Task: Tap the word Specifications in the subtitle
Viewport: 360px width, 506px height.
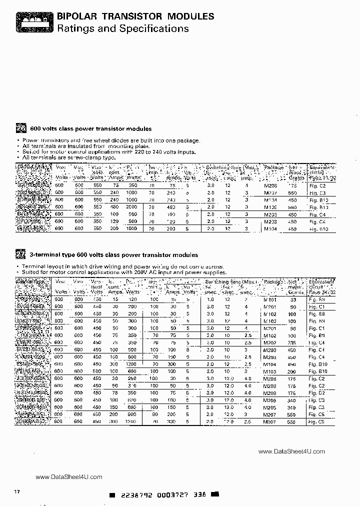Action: coord(154,28)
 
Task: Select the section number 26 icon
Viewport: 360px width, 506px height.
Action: coord(21,127)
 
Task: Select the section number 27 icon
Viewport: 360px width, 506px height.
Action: coord(21,254)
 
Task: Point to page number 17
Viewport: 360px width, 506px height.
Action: coord(16,492)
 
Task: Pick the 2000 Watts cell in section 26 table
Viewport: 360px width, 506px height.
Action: coord(131,206)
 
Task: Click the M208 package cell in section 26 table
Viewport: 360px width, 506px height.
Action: coord(270,184)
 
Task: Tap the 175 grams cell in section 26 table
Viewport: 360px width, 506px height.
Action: coord(292,184)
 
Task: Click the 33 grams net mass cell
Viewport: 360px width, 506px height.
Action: coord(293,299)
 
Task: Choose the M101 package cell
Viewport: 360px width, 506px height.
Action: coord(270,299)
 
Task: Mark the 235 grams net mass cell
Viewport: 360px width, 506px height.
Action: coord(292,342)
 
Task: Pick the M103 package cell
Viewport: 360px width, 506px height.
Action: coord(270,371)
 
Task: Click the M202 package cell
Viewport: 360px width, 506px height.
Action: coord(270,342)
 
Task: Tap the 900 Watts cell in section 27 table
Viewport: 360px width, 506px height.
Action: coord(131,414)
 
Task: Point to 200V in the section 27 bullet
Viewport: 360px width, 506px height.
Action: coord(117,272)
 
